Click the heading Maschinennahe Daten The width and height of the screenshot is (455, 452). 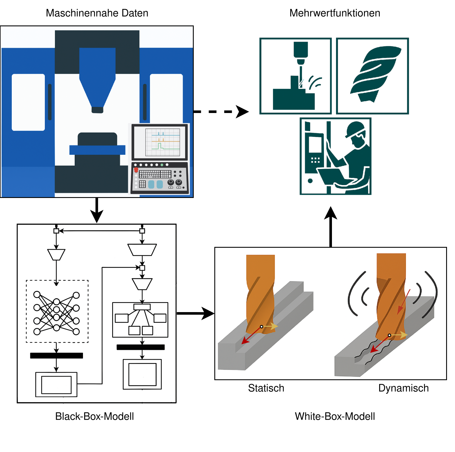click(97, 13)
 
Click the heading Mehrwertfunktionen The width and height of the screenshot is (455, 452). click(335, 13)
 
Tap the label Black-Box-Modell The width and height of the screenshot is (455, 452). click(94, 416)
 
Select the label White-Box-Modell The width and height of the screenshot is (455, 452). click(335, 416)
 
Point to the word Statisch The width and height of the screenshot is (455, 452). click(266, 388)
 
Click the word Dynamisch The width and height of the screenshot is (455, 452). click(403, 388)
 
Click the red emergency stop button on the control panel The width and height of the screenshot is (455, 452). click(136, 170)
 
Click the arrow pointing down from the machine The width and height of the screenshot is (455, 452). click(97, 210)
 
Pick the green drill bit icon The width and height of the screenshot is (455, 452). click(373, 76)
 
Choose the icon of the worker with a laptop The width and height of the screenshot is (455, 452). click(336, 156)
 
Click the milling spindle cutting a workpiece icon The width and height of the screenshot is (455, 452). click(296, 76)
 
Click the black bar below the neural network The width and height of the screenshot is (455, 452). click(56, 356)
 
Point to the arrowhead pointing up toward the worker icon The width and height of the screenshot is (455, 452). click(331, 213)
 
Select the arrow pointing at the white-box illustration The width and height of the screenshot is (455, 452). click(206, 314)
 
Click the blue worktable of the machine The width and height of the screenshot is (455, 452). click(97, 150)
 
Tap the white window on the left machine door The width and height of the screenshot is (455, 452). click(28, 102)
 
